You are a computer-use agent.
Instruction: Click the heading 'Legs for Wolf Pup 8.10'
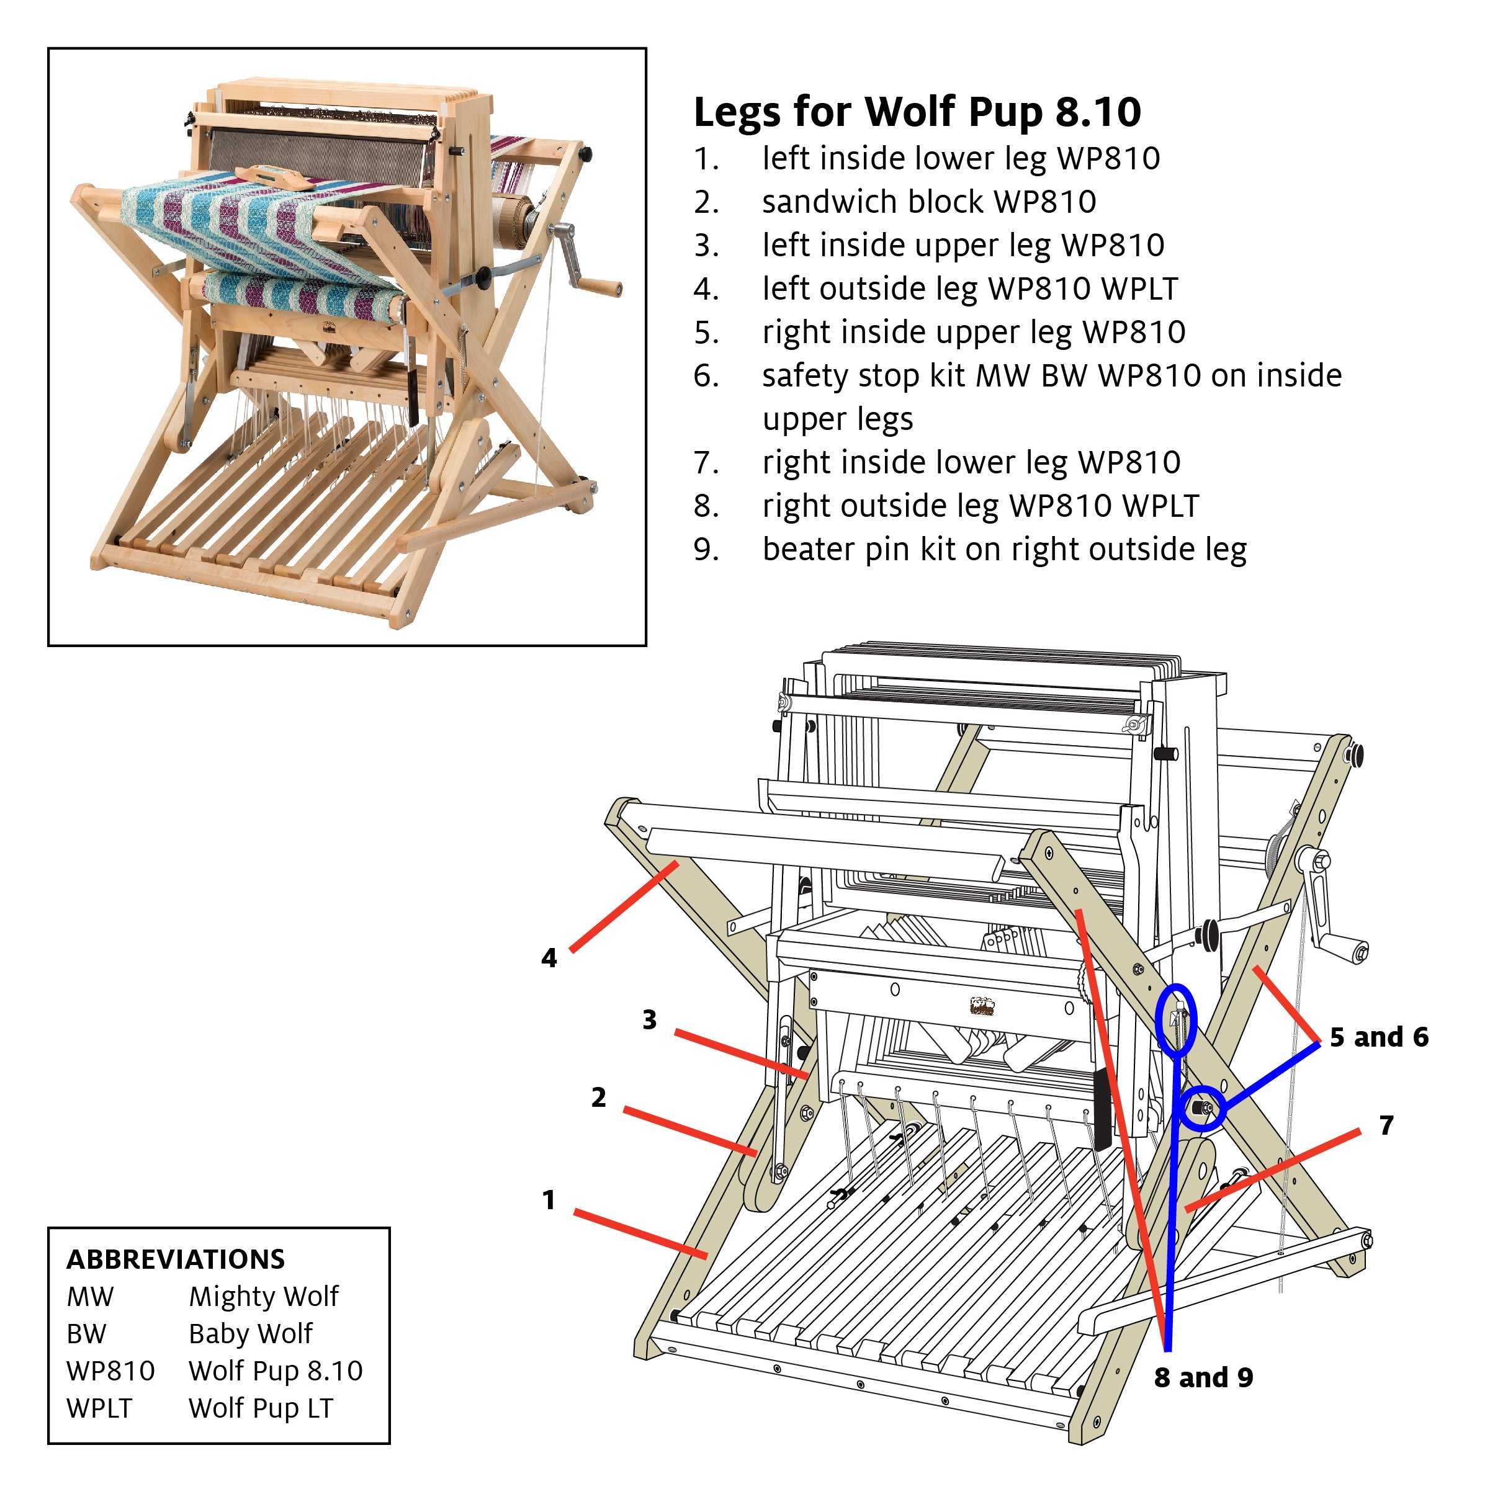click(916, 112)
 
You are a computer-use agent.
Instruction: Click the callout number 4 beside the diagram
click(549, 958)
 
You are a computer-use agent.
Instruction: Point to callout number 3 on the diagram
click(649, 1020)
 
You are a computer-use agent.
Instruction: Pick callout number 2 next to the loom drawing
click(598, 1098)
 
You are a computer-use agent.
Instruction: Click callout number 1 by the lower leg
click(549, 1200)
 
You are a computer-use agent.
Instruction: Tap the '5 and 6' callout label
click(1378, 1037)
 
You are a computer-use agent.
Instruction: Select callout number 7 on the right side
click(1386, 1125)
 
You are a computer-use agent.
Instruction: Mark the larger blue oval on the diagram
click(1176, 1020)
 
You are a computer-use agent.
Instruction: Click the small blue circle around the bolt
click(1202, 1108)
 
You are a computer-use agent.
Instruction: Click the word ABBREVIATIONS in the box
click(176, 1259)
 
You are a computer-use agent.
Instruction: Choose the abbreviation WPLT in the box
click(99, 1408)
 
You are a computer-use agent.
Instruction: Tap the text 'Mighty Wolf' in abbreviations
click(263, 1296)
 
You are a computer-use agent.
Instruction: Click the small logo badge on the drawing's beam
click(982, 1006)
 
